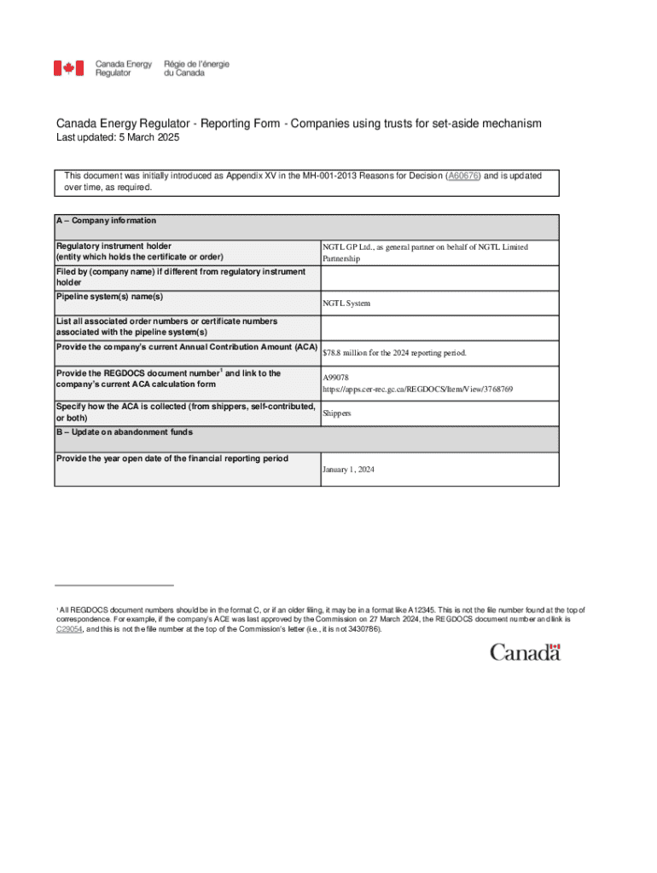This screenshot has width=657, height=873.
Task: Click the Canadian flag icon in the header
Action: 69,68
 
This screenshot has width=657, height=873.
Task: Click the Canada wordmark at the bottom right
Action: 525,652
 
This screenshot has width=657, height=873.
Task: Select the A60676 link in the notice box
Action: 463,175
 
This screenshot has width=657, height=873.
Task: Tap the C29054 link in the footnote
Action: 69,629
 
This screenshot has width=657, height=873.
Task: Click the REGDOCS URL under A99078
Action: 417,389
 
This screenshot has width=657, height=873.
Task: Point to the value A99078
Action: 335,377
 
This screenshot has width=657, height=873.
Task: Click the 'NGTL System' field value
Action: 346,303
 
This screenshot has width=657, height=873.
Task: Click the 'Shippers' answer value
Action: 336,413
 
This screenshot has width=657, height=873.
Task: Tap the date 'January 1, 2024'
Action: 348,470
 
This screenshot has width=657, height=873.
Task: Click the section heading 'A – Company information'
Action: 106,220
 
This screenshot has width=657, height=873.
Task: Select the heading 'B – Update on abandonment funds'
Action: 124,432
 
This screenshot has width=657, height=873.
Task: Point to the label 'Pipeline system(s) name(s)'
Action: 109,297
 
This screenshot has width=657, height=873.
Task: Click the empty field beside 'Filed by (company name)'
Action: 439,277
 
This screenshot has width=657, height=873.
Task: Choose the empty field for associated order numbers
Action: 439,327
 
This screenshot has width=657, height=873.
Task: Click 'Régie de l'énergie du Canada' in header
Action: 196,68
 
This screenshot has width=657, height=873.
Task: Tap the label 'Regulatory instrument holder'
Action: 113,246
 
